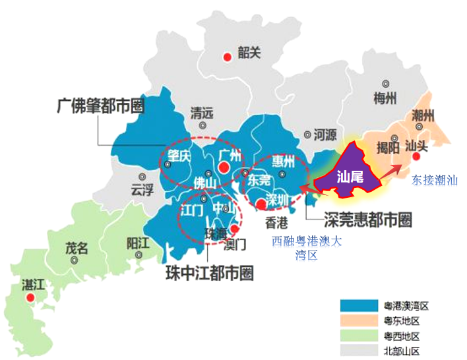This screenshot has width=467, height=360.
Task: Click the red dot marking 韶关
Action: [227, 56]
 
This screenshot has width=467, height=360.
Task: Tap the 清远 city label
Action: [202, 113]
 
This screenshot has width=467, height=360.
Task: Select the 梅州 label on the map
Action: [385, 99]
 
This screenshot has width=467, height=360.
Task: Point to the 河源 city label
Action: [325, 135]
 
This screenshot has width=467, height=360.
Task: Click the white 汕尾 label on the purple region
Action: [348, 177]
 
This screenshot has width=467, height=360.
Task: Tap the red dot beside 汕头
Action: [416, 157]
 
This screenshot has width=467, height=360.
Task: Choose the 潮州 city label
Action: [423, 116]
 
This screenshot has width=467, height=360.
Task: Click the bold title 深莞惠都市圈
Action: [367, 220]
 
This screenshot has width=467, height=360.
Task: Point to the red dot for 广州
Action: [223, 167]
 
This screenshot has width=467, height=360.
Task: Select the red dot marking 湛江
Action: [30, 298]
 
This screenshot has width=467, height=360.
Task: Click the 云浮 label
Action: [142, 190]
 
